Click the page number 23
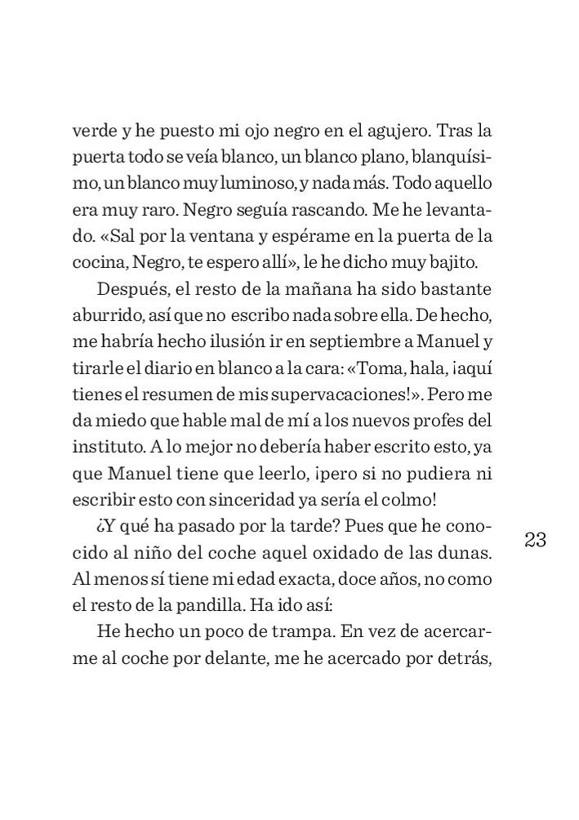[536, 541]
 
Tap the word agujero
[391, 130]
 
